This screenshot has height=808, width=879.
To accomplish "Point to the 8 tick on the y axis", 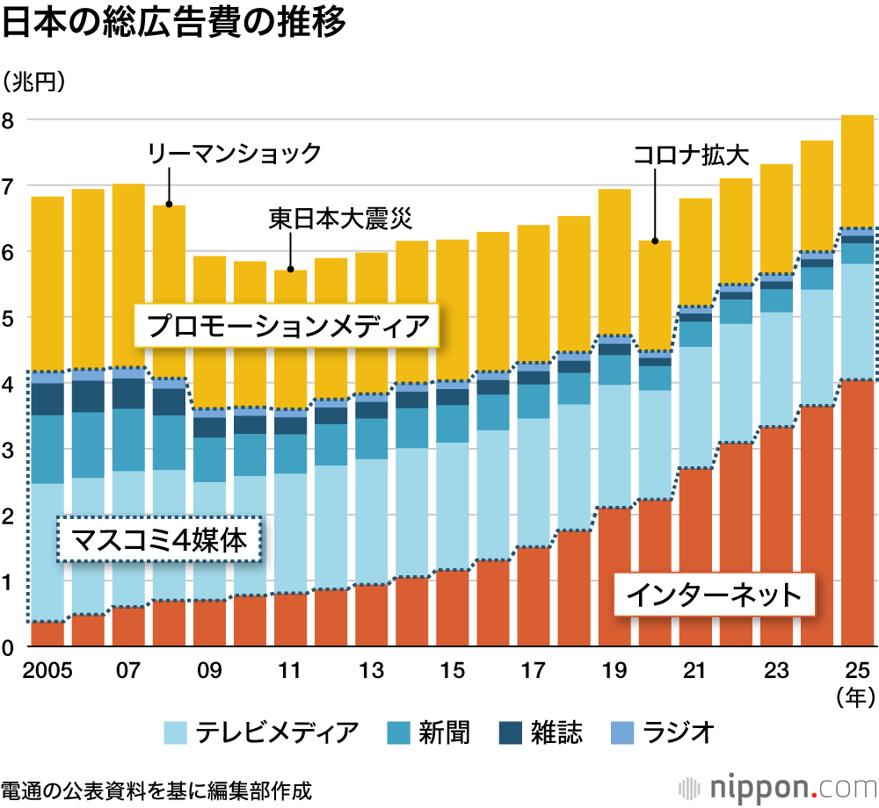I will coord(8,119).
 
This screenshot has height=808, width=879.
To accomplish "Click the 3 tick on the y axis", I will coord(8,450).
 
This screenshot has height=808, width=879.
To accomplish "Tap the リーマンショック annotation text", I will coord(234,154).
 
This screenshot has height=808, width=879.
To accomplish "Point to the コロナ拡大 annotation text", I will coord(691,155).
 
